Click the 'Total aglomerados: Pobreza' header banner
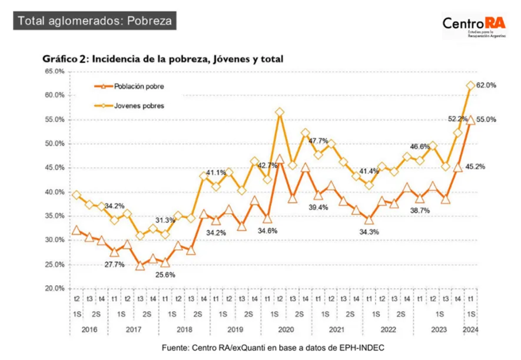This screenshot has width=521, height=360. click(x=95, y=21)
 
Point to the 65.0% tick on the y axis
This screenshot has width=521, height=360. click(x=55, y=71)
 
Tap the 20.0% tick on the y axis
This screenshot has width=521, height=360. click(x=55, y=289)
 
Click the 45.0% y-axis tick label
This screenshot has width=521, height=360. click(x=55, y=168)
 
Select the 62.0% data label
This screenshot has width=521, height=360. click(x=487, y=85)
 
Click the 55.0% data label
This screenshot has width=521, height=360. click(x=487, y=120)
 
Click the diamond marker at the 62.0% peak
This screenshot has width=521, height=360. click(x=470, y=85)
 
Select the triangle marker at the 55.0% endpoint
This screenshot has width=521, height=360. click(x=470, y=120)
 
